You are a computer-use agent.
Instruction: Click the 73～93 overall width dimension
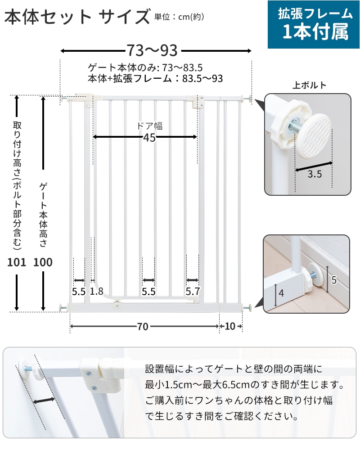152,50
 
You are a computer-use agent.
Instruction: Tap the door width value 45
149,138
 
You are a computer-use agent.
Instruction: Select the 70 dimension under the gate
142,327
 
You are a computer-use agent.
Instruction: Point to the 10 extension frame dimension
230,326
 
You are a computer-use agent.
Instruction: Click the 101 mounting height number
17,262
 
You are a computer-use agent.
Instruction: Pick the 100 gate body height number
43,262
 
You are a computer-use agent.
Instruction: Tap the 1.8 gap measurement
96,292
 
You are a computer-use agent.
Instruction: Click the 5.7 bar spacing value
193,292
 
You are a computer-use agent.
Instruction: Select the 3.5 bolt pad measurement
315,174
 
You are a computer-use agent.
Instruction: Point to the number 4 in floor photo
281,293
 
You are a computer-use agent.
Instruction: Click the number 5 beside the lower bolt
334,280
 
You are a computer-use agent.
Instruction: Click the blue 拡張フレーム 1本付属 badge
314,24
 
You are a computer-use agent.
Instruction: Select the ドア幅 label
149,126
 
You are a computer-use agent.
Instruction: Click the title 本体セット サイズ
77,16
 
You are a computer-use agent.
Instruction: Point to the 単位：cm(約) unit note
179,17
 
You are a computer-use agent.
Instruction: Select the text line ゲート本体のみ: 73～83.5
145,67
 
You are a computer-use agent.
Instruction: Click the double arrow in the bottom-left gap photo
44,400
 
